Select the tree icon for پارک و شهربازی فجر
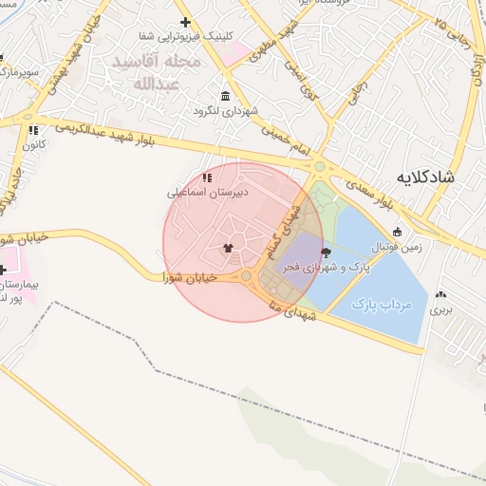click(x=327, y=252)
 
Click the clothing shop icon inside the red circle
click(x=227, y=249)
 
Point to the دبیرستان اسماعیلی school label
click(x=208, y=192)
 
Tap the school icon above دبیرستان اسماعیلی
click(x=207, y=177)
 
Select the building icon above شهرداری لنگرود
click(x=224, y=97)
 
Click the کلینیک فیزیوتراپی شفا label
click(x=184, y=37)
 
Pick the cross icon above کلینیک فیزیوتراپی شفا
click(x=184, y=22)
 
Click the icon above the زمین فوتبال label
click(x=397, y=232)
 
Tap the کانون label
click(x=34, y=146)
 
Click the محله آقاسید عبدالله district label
click(x=159, y=73)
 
